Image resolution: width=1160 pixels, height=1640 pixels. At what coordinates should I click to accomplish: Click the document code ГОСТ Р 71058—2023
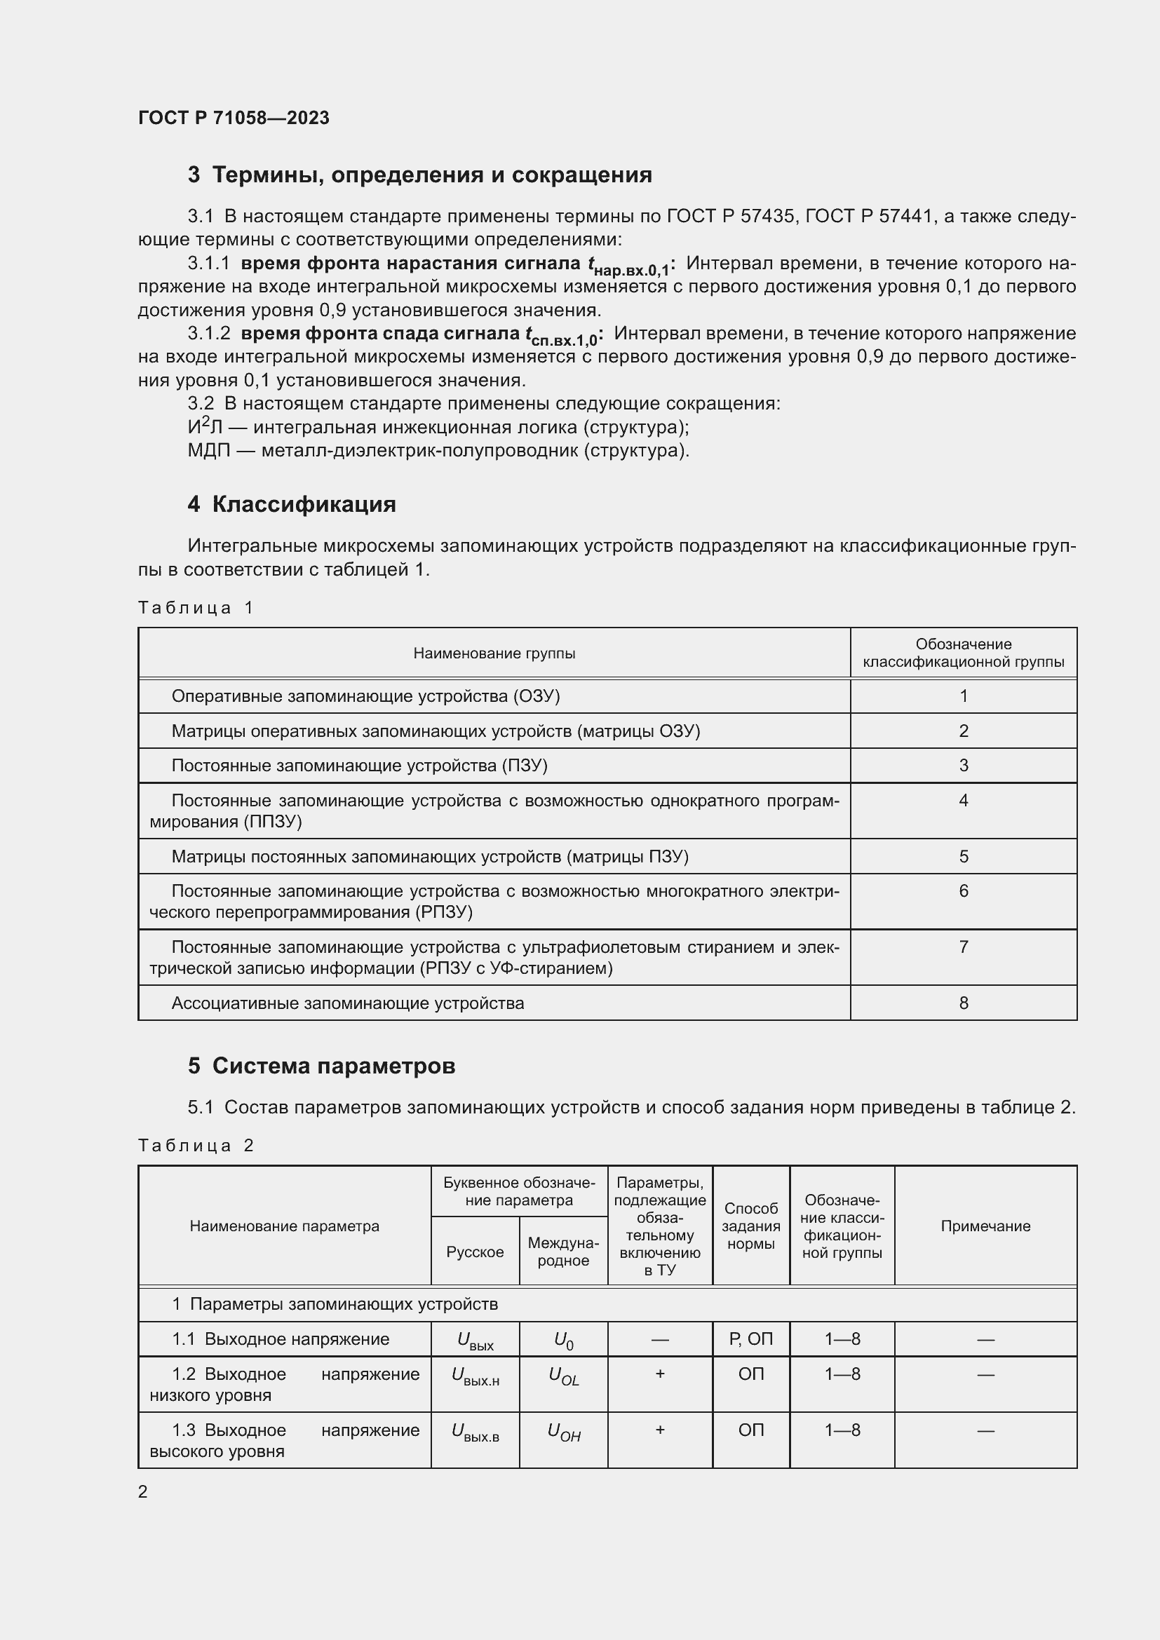[234, 118]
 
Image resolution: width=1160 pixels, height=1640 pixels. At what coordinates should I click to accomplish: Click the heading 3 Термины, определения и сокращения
[420, 175]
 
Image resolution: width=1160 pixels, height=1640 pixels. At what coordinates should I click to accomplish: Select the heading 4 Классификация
[292, 504]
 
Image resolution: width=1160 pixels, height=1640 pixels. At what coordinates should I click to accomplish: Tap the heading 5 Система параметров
[321, 1066]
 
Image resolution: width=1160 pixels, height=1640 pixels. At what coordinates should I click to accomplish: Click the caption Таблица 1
[196, 608]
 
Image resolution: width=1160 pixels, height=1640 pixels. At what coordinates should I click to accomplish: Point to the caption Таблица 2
[196, 1146]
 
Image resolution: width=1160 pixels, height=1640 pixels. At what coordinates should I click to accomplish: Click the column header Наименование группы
[494, 653]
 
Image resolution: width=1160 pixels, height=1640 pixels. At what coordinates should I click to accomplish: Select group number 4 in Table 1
[964, 801]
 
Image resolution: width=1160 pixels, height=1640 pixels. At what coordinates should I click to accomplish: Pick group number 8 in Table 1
[964, 1003]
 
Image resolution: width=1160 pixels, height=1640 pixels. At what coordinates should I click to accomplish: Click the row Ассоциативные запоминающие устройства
[348, 1003]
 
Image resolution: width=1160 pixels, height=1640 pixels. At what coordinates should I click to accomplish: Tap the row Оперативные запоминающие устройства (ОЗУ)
[365, 696]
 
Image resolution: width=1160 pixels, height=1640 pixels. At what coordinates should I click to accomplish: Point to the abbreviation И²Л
[205, 427]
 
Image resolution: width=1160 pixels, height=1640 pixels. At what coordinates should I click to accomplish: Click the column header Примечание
[985, 1226]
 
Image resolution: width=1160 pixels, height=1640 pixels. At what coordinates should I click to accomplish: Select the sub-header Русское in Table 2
[475, 1252]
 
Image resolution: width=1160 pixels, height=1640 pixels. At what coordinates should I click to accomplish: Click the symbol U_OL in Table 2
[564, 1376]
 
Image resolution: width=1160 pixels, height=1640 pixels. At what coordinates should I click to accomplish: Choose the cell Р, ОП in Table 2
[750, 1339]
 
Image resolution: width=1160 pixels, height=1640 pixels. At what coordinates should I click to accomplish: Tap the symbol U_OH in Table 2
[564, 1432]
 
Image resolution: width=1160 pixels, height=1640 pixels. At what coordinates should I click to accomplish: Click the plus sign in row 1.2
[660, 1374]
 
